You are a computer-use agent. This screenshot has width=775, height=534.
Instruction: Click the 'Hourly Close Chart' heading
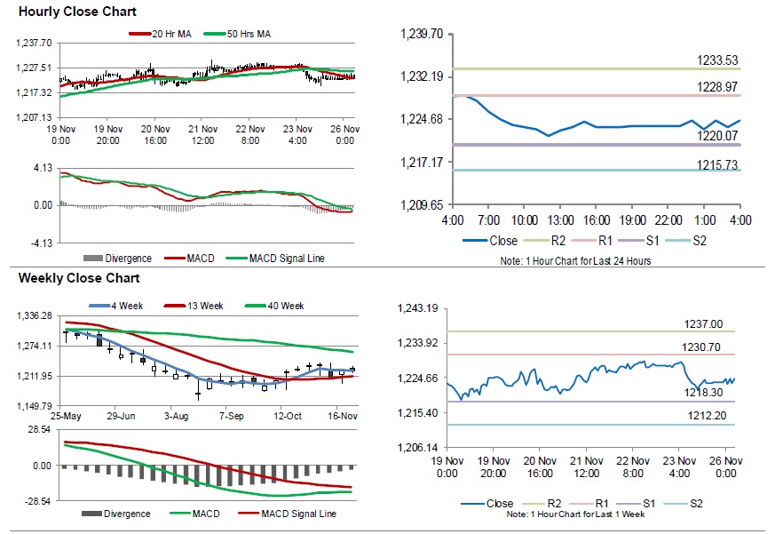pos(65,12)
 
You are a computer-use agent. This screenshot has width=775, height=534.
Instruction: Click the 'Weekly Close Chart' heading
pos(67,278)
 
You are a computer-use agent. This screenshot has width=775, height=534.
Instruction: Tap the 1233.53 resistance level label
pos(718,60)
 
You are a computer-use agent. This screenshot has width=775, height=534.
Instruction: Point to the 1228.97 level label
pos(718,86)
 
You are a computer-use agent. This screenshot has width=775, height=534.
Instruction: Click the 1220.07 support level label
pos(718,136)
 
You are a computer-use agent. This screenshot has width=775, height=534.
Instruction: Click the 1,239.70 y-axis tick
pos(423,34)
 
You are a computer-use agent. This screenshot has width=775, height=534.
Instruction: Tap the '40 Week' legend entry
pos(284,306)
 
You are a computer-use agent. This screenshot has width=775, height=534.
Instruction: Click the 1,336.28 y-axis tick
pos(36,315)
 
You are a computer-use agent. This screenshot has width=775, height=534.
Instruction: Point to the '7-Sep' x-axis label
pos(232,416)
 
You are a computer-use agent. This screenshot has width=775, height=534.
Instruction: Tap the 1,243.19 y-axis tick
pos(423,308)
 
